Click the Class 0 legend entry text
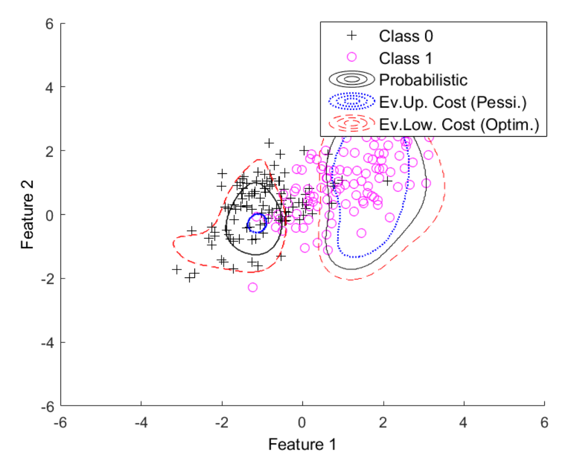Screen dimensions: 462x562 (406, 36)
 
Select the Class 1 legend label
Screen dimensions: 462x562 (406, 58)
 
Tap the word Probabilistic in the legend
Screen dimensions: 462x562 (423, 80)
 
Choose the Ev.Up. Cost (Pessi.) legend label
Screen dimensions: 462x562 (453, 102)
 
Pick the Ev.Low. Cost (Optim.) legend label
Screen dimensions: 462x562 (459, 124)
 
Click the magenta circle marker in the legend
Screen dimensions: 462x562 (352, 57)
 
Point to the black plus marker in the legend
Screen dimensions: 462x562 (352, 35)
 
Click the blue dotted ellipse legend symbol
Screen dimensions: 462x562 (352, 101)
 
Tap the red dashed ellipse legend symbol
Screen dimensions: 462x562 (352, 123)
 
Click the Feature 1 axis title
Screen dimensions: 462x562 (302, 444)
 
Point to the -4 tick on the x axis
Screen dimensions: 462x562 (141, 422)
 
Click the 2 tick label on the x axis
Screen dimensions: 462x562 (383, 422)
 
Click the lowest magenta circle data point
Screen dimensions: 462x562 (253, 287)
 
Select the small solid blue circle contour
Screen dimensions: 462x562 (256, 223)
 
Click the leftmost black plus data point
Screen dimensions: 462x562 (176, 269)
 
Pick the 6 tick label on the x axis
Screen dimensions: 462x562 (544, 422)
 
